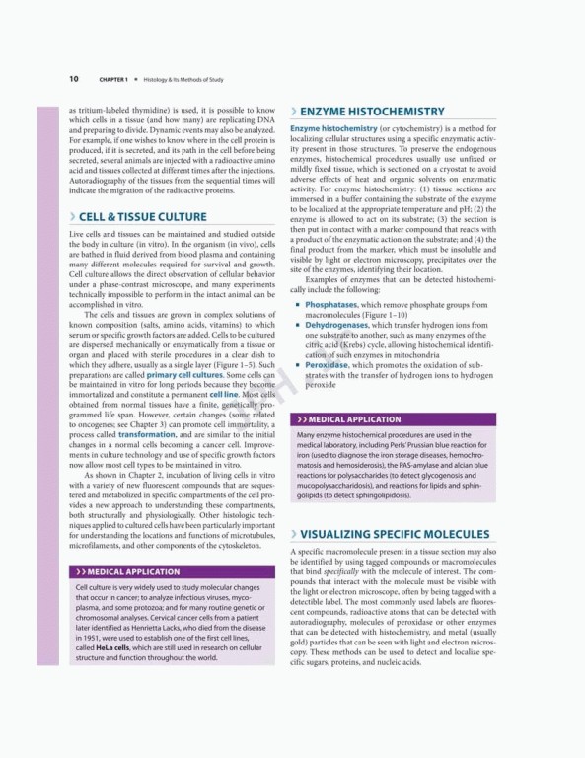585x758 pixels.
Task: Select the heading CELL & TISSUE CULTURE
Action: (142, 217)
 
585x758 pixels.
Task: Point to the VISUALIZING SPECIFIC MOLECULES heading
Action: (401, 533)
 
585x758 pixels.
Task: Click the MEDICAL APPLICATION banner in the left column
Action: (132, 571)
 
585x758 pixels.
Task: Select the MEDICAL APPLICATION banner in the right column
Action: (353, 419)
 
